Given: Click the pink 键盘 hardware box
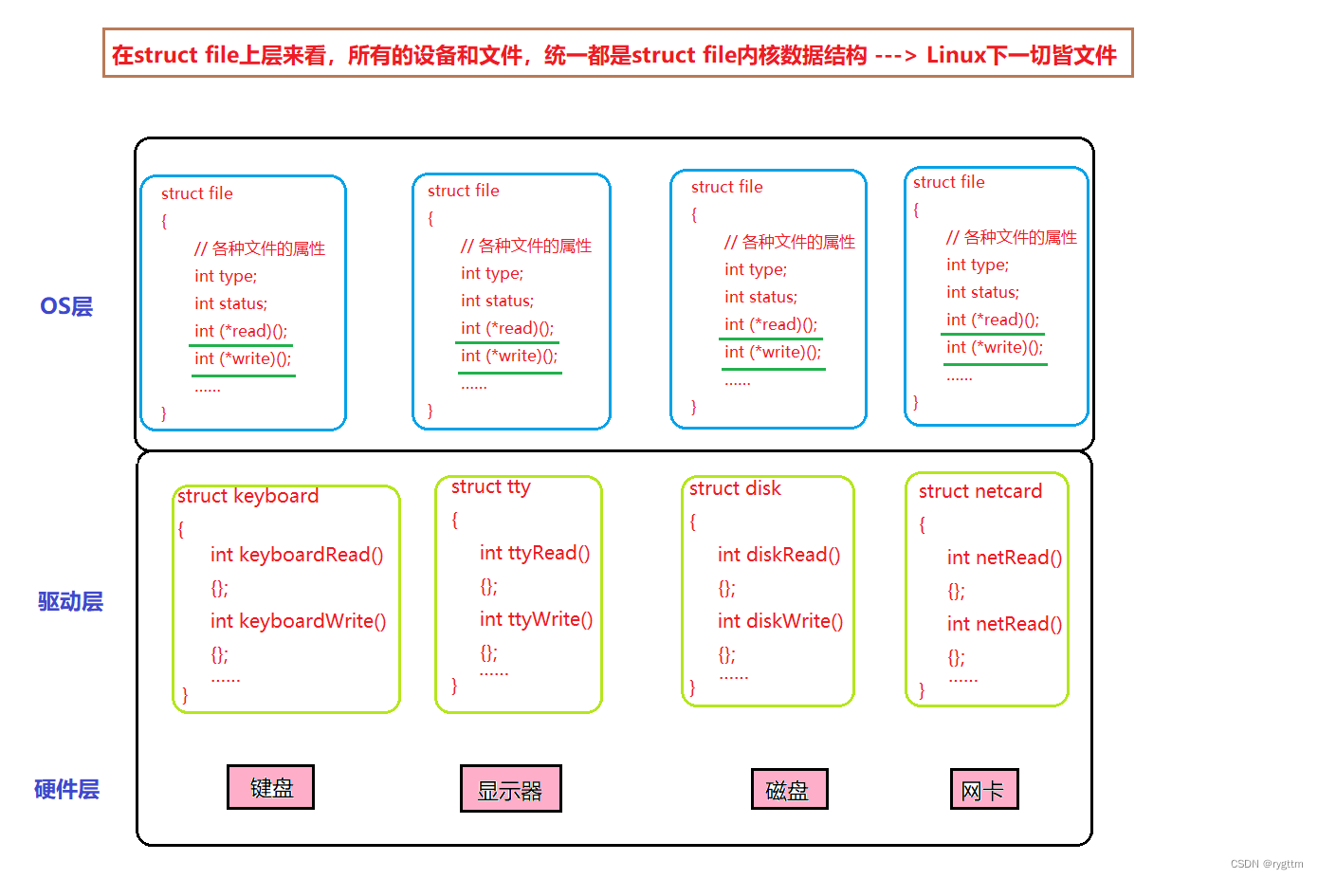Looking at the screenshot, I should pyautogui.click(x=270, y=787).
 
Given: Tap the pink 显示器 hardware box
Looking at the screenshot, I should pyautogui.click(x=510, y=789).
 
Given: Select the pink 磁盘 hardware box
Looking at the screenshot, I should pyautogui.click(x=787, y=789).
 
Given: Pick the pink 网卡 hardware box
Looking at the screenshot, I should pyautogui.click(x=983, y=789).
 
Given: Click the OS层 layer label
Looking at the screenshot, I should pyautogui.click(x=66, y=306).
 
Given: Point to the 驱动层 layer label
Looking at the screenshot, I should pyautogui.click(x=70, y=601).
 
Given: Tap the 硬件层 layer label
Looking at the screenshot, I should pyautogui.click(x=66, y=789).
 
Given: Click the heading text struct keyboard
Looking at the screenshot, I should pyautogui.click(x=247, y=496).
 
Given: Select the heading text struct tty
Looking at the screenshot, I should pyautogui.click(x=490, y=486).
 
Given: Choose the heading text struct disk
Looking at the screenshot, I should pyautogui.click(x=735, y=488).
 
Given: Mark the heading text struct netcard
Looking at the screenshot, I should pyautogui.click(x=979, y=491).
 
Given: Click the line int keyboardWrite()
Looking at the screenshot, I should pyautogui.click(x=298, y=621).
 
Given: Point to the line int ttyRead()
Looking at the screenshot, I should pyautogui.click(x=534, y=553).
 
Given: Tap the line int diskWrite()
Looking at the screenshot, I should pyautogui.click(x=779, y=621).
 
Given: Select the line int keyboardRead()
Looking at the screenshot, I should pyautogui.click(x=297, y=555).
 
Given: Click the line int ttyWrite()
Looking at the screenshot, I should pyautogui.click(x=536, y=619).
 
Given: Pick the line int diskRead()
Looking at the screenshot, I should pyautogui.click(x=778, y=555).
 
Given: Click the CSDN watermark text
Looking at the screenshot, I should pyautogui.click(x=1266, y=864).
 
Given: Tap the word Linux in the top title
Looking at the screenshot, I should pyautogui.click(x=957, y=55).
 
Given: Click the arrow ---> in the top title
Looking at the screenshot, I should pyautogui.click(x=896, y=55).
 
